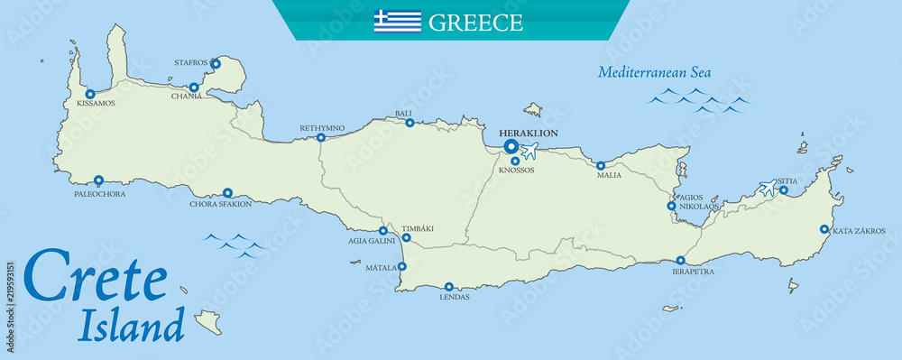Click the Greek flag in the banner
pyautogui.click(x=398, y=22)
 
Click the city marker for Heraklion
pyautogui.click(x=511, y=146)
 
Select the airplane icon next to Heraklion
pyautogui.click(x=529, y=150)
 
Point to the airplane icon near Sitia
pyautogui.click(x=768, y=188)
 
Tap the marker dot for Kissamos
pyautogui.click(x=90, y=94)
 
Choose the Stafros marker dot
pyautogui.click(x=216, y=64)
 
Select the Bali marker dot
pyautogui.click(x=410, y=124)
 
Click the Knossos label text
pyautogui.click(x=517, y=170)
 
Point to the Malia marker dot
pyautogui.click(x=601, y=166)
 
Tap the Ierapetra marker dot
pyautogui.click(x=680, y=261)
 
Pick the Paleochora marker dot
pyautogui.click(x=98, y=180)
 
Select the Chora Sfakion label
pyautogui.click(x=220, y=204)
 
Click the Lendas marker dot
pyautogui.click(x=449, y=287)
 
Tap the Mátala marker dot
pyautogui.click(x=402, y=266)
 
